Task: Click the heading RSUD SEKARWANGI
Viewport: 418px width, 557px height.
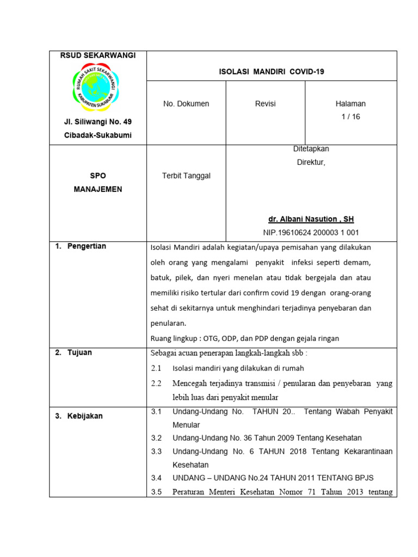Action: (x=98, y=56)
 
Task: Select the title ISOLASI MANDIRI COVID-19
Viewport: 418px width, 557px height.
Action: (x=272, y=71)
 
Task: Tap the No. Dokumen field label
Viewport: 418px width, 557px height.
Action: (x=186, y=104)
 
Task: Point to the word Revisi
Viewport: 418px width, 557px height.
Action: (x=265, y=104)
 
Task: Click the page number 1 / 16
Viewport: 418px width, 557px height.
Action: (x=351, y=116)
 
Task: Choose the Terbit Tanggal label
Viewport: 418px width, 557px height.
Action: (x=186, y=176)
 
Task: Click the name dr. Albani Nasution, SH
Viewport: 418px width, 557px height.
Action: (x=311, y=219)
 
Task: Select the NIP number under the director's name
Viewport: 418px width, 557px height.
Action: (x=311, y=232)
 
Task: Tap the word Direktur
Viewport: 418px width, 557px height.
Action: (x=311, y=162)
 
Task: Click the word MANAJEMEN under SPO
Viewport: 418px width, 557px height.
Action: (x=98, y=189)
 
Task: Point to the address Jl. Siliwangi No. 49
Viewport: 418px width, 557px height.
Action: (x=98, y=121)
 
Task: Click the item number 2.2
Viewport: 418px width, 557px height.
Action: (x=156, y=383)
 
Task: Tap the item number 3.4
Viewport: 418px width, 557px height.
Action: (x=156, y=478)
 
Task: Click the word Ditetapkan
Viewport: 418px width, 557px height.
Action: (x=311, y=149)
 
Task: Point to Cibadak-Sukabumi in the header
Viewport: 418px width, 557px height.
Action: (x=98, y=135)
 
